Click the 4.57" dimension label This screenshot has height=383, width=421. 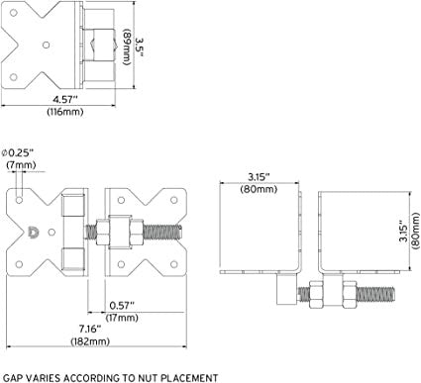coord(65,99)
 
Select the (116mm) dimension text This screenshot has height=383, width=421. coord(65,112)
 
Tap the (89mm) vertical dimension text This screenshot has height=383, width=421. coord(128,48)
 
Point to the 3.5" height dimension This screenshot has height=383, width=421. coord(141,48)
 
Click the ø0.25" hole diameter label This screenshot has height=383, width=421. coord(18,153)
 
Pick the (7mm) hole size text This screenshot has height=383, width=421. coord(21,164)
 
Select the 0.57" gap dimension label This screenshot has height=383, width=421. coord(122,306)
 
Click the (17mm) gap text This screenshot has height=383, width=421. coord(122,318)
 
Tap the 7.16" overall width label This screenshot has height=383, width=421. coord(90,329)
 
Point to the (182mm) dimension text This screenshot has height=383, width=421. coord(90,341)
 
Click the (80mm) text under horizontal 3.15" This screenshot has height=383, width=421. coord(259,189)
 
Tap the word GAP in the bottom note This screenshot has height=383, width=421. coord(12,378)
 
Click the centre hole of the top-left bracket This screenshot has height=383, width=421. coord(47,45)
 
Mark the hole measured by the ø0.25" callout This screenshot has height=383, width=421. coord(20,200)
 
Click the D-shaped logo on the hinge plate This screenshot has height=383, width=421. coord(34,233)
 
